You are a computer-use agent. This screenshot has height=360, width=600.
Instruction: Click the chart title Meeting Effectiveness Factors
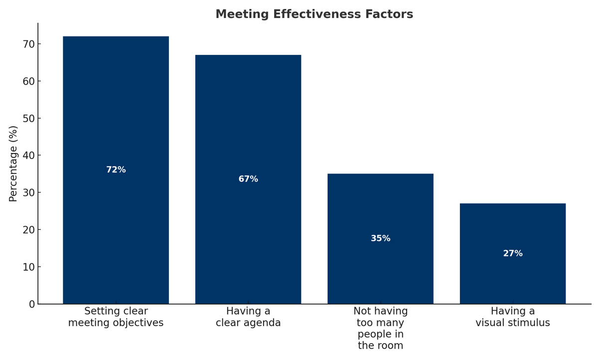pyautogui.click(x=314, y=14)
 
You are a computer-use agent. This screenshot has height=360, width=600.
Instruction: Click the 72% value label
pyautogui.click(x=116, y=170)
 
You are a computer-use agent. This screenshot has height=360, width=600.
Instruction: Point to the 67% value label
pyautogui.click(x=248, y=179)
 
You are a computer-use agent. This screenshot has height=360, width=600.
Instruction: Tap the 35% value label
pyautogui.click(x=380, y=239)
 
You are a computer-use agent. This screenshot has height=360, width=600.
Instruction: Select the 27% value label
pyautogui.click(x=512, y=254)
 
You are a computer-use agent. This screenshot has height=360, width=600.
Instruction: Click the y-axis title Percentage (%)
pyautogui.click(x=13, y=164)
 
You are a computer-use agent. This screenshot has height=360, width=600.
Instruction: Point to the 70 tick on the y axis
pyautogui.click(x=29, y=44)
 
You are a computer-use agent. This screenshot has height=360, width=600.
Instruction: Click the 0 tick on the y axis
pyautogui.click(x=32, y=304)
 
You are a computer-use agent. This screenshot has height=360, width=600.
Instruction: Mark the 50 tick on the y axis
pyautogui.click(x=29, y=119)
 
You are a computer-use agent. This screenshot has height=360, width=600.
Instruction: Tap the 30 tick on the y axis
pyautogui.click(x=29, y=193)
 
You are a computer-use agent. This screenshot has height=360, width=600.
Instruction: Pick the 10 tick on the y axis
pyautogui.click(x=29, y=267)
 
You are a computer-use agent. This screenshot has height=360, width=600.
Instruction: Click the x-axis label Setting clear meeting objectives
pyautogui.click(x=116, y=317)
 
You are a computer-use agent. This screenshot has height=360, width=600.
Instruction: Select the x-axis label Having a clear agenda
pyautogui.click(x=248, y=317)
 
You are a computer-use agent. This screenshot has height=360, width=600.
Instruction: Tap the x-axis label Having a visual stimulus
pyautogui.click(x=512, y=317)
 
